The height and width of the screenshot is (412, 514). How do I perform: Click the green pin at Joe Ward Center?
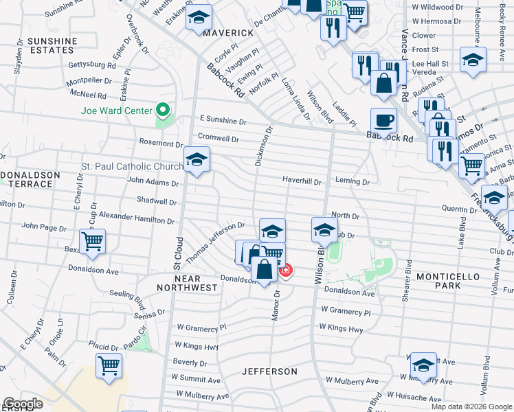pos(163,109)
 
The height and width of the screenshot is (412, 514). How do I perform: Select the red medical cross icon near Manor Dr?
pos(284,271)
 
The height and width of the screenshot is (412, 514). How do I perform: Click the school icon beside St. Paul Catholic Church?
pos(197,161)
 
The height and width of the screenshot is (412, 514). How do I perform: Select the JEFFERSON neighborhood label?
pos(269,371)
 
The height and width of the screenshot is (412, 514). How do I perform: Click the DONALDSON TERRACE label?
pos(30,180)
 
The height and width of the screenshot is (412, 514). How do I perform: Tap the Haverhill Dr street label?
pos(302,181)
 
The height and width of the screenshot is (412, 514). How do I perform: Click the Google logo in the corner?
pos(22,404)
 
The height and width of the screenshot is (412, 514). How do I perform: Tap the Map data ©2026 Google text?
pos(471,407)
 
